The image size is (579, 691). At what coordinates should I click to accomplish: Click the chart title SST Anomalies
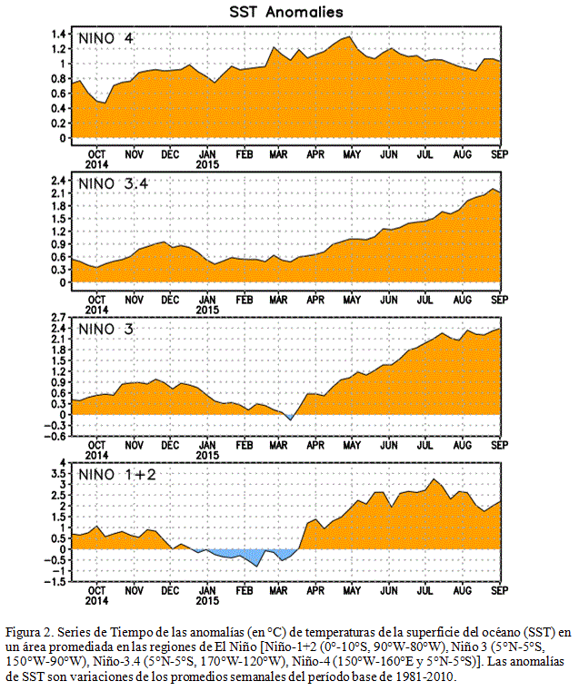(285, 12)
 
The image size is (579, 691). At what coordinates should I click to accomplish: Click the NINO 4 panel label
(105, 38)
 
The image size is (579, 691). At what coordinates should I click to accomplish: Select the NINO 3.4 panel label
(114, 183)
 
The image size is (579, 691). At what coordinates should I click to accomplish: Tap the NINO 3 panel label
(105, 329)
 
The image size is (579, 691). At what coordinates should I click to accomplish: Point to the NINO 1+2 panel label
(117, 474)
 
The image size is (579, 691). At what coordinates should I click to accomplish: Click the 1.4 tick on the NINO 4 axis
(58, 34)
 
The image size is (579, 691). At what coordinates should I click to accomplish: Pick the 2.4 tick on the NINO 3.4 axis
(58, 181)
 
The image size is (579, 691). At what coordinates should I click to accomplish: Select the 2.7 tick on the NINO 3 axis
(58, 318)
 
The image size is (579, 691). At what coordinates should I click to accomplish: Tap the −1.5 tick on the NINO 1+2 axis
(55, 582)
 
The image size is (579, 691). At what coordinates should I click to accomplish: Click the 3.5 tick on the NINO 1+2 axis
(58, 474)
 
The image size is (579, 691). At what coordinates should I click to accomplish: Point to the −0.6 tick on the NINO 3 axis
(55, 436)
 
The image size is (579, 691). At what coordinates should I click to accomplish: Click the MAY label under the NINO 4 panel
(352, 154)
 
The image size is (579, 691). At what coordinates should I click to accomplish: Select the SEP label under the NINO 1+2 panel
(500, 590)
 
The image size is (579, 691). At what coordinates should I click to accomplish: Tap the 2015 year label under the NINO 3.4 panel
(207, 310)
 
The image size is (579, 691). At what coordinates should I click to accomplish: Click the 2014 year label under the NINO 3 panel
(96, 455)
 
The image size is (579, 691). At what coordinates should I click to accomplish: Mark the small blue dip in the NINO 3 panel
(290, 417)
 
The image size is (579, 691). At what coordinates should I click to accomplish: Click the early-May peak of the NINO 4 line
(350, 37)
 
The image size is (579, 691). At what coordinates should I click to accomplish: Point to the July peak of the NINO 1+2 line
(434, 479)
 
